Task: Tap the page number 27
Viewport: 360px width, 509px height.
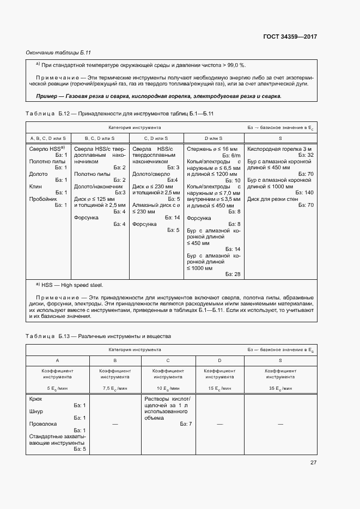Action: (313, 463)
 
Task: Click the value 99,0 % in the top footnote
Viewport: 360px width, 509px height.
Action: (235, 65)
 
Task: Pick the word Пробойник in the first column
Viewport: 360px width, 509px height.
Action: (42, 199)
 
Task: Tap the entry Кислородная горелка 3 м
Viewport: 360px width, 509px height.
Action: (279, 149)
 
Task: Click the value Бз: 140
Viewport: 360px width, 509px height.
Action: (304, 193)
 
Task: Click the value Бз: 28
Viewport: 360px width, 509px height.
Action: (233, 274)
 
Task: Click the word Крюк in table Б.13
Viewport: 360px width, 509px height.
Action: (35, 399)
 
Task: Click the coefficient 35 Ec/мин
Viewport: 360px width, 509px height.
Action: (280, 389)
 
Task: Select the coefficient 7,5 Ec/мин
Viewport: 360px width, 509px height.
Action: (114, 389)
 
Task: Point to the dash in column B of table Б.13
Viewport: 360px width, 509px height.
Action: (114, 424)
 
